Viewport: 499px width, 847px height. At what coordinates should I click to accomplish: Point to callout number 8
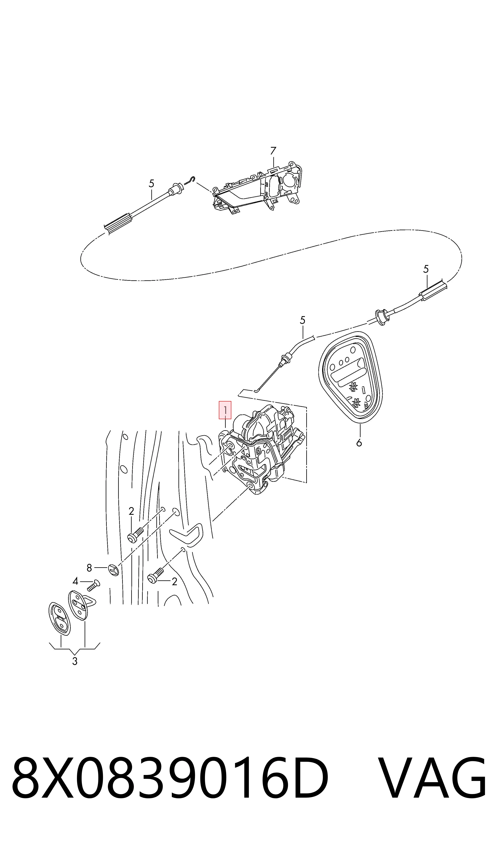coord(89,568)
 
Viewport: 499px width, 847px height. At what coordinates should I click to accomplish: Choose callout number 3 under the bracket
coord(75,661)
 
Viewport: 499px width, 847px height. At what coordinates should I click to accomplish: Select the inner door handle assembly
coord(257,190)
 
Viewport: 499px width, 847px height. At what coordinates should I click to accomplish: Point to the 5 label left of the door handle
coord(151,184)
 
